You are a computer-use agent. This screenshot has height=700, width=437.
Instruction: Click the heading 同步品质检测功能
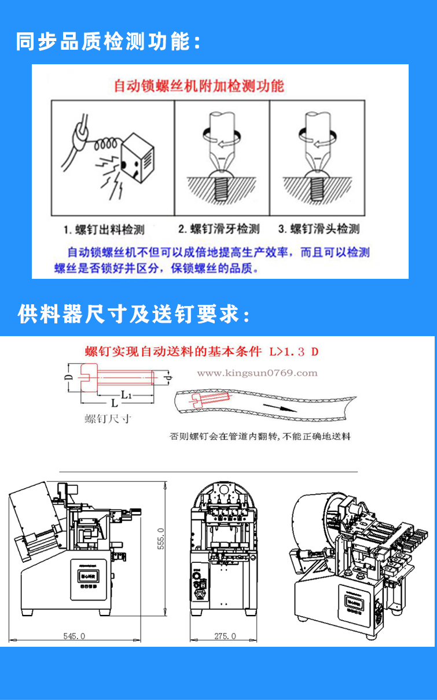point(108,42)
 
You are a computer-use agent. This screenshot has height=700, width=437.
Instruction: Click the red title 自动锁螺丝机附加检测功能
point(199,86)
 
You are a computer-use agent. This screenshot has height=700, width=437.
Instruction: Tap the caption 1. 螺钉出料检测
point(104,230)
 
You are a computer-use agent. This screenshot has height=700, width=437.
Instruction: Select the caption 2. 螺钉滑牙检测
point(218,229)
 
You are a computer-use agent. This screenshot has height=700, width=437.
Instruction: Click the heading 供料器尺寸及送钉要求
point(134,314)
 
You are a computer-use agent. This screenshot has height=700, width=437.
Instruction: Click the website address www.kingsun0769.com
point(257,373)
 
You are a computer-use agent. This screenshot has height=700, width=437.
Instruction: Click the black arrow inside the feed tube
point(278,408)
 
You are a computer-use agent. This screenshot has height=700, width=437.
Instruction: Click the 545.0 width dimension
point(74,636)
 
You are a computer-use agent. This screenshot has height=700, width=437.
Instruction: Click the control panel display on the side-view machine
point(89,576)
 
